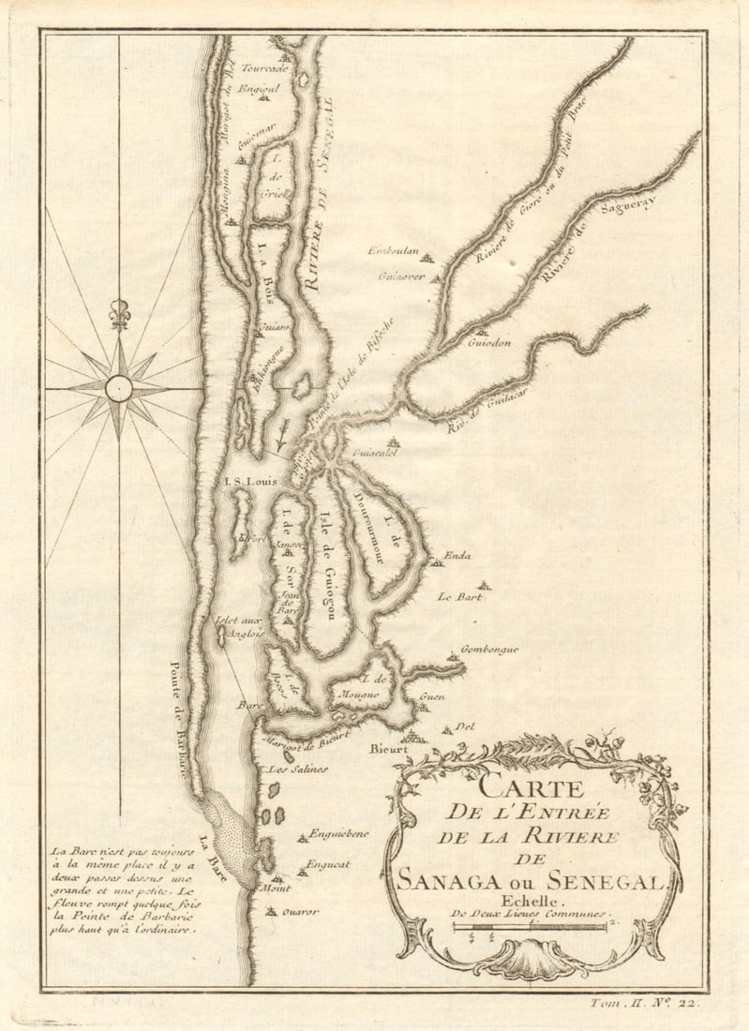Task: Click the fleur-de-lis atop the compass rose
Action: [x=119, y=314]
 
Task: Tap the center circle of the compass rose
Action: [x=119, y=387]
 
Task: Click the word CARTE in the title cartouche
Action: [x=531, y=789]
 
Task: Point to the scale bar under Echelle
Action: [x=531, y=927]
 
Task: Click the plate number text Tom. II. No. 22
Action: [x=648, y=1003]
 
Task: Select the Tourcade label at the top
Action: [x=264, y=68]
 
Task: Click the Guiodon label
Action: [x=488, y=343]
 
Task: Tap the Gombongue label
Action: [x=489, y=649]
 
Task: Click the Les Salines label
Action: [x=297, y=769]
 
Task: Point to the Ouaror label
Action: [x=303, y=910]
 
